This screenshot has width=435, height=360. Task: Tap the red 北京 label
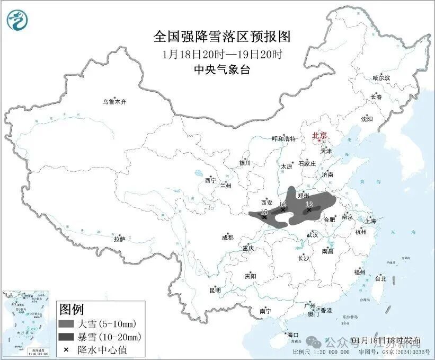coord(321,135)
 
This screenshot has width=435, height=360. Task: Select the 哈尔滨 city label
coord(380,78)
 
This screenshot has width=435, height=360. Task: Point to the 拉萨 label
coord(119,239)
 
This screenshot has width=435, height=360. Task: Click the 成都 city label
coord(227,238)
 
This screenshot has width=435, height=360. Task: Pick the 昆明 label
coord(215,290)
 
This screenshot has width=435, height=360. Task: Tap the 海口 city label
coord(293,335)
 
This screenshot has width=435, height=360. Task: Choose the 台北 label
coord(380,278)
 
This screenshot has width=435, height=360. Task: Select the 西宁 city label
coord(210,181)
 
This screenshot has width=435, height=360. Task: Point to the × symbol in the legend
coord(66,350)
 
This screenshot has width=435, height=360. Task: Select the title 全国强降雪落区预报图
coord(222,37)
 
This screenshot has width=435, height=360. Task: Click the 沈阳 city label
coord(367,119)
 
